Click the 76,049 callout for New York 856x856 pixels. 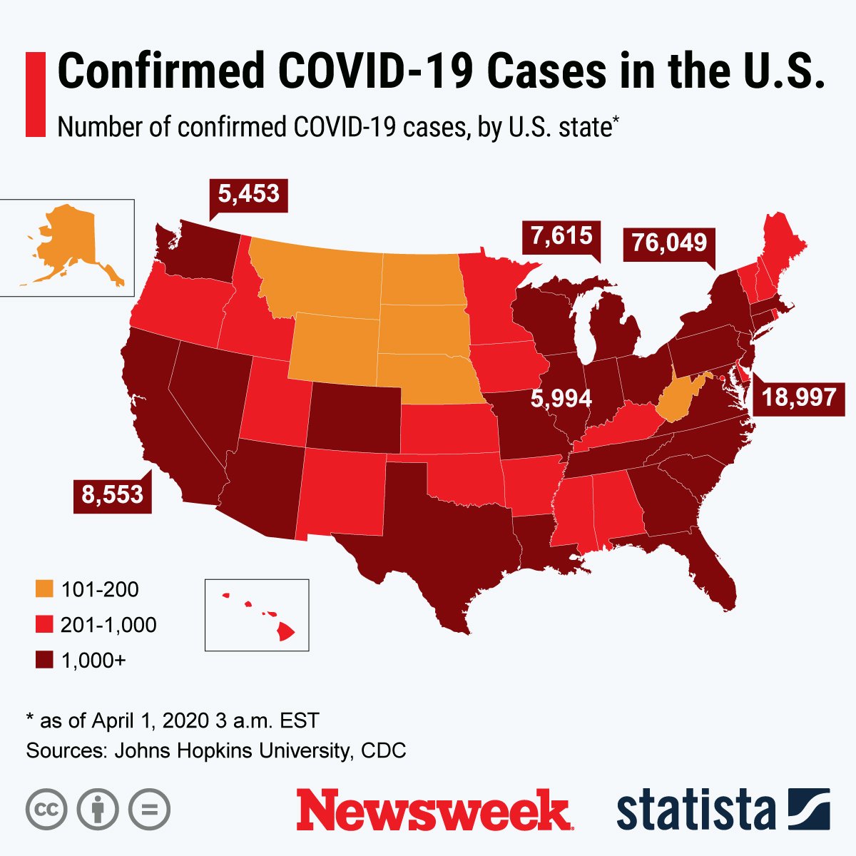click(669, 243)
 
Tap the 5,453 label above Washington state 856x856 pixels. click(248, 194)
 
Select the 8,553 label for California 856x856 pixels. click(112, 494)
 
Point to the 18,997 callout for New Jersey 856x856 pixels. click(799, 397)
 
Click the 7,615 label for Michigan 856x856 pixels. click(561, 235)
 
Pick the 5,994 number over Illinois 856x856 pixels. click(561, 399)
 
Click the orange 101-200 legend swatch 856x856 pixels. click(44, 589)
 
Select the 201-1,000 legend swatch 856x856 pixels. click(44, 625)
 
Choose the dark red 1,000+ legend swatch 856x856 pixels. click(44, 661)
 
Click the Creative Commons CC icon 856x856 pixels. click(46, 810)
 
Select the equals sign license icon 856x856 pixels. click(150, 810)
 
